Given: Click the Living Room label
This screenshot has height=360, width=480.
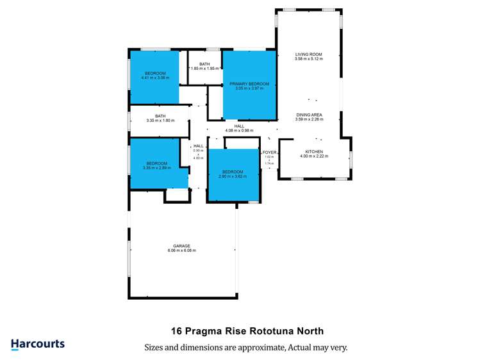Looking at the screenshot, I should (x=308, y=54).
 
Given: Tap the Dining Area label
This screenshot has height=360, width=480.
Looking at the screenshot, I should (x=308, y=115).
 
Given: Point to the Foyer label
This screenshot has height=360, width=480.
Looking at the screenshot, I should (x=270, y=152).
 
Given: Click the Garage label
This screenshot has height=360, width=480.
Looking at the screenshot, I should (x=183, y=246).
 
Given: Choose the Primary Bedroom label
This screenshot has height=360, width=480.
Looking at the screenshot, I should (x=249, y=84).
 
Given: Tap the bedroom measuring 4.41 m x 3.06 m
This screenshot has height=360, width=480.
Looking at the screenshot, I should (x=155, y=78).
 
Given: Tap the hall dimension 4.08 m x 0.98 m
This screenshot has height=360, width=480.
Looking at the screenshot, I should (x=238, y=131).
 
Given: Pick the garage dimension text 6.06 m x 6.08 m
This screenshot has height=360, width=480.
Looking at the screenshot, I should (x=183, y=250).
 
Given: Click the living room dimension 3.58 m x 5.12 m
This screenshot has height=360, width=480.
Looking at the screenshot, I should (x=308, y=59).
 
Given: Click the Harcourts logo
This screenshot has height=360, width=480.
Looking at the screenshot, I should (x=38, y=344).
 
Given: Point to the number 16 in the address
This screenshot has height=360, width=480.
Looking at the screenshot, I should (x=177, y=331).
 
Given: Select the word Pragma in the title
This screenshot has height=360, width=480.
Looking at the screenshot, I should (x=204, y=331).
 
